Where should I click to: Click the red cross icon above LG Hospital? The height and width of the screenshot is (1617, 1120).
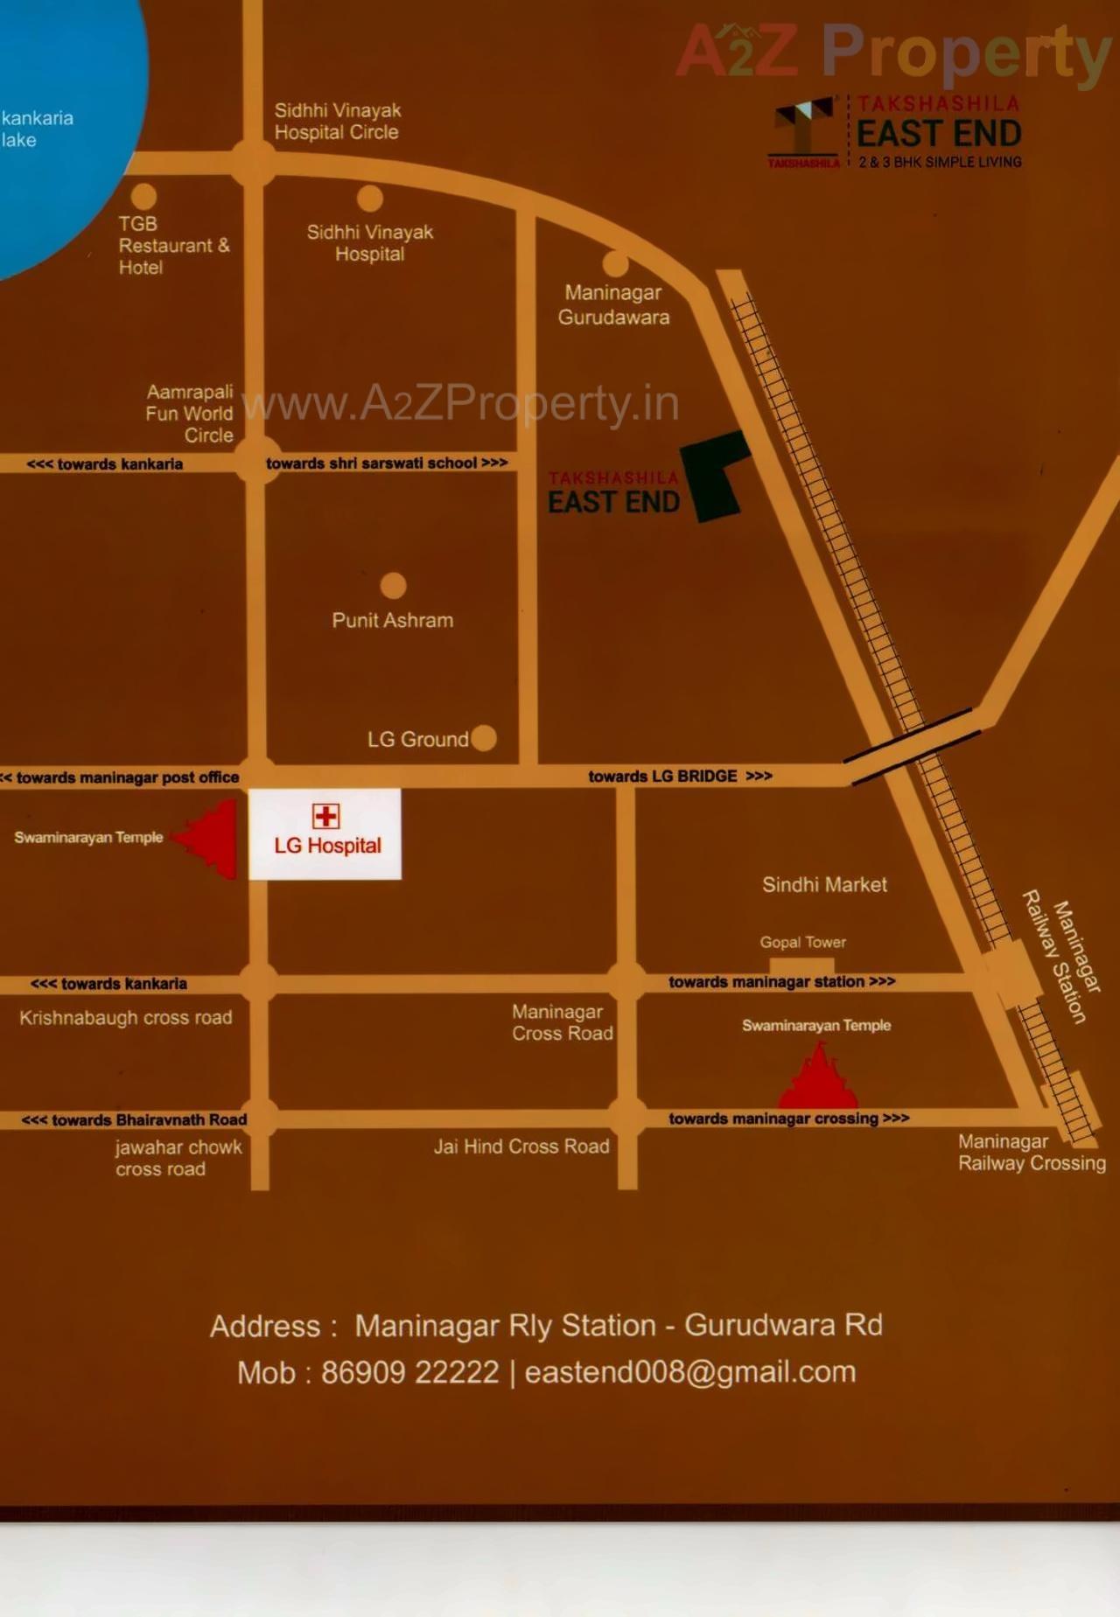325,816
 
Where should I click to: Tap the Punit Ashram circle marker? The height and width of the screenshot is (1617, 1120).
393,585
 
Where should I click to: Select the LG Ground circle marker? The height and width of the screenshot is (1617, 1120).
484,738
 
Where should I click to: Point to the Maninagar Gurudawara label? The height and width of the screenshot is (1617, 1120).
613,304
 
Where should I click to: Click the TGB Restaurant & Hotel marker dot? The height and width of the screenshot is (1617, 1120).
143,196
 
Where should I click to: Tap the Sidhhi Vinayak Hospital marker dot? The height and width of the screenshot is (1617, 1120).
370,199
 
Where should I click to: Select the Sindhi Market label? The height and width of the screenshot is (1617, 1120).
824,884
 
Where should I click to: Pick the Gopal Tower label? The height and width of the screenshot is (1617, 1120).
802,942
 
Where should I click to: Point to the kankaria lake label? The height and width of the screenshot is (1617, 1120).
37,129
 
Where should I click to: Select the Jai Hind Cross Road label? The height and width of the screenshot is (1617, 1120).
521,1146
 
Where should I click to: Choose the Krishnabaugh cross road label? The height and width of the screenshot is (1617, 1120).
126,1017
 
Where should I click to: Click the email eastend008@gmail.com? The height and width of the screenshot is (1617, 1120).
690,1371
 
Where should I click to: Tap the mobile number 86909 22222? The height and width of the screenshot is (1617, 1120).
409,1371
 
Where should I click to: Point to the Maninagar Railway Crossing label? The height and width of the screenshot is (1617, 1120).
1032,1152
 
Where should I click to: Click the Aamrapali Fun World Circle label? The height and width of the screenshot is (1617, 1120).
190,413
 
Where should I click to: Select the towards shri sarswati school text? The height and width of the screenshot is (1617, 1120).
387,463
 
